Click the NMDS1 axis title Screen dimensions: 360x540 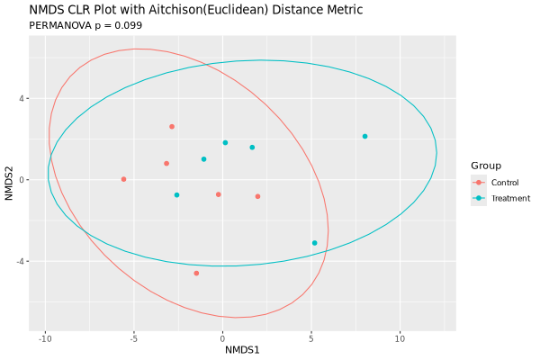pyautogui.click(x=242, y=349)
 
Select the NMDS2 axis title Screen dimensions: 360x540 pyautogui.click(x=10, y=179)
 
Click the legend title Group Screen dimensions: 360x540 pyautogui.click(x=486, y=166)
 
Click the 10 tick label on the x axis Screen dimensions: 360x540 pyautogui.click(x=399, y=338)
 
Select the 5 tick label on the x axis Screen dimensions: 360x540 pyautogui.click(x=310, y=338)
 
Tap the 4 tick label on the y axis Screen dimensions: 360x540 pyautogui.click(x=24, y=98)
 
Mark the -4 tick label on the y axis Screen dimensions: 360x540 pyautogui.click(x=22, y=261)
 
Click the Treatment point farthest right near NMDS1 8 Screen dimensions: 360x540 pyautogui.click(x=364, y=137)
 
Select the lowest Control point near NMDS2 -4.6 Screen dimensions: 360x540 pyautogui.click(x=196, y=273)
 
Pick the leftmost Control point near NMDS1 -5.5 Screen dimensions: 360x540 pyautogui.click(x=123, y=179)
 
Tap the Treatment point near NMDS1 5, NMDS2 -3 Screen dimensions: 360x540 pyautogui.click(x=314, y=243)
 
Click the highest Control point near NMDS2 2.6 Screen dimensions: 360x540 pyautogui.click(x=172, y=127)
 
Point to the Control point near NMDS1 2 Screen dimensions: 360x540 pyautogui.click(x=257, y=196)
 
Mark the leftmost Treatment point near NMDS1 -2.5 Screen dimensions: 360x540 pyautogui.click(x=176, y=195)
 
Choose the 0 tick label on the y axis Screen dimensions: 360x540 pyautogui.click(x=24, y=180)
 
